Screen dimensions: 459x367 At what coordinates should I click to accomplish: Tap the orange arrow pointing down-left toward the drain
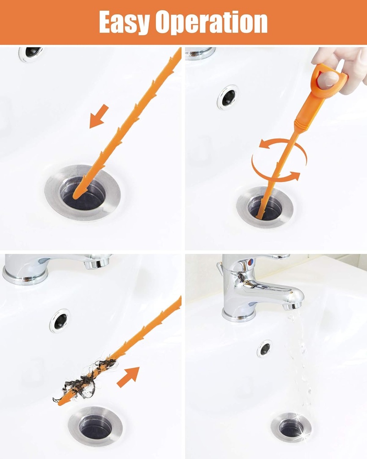pyautogui.click(x=99, y=116)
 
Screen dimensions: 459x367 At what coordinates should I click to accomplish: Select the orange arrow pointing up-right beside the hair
pyautogui.click(x=128, y=377)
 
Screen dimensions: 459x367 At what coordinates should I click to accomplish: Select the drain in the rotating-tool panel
pyautogui.click(x=265, y=208)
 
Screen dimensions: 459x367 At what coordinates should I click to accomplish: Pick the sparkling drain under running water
pyautogui.click(x=292, y=428)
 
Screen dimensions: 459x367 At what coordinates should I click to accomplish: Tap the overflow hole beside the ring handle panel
pyautogui.click(x=228, y=97)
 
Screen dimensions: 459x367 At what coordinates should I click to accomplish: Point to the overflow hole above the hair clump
pyautogui.click(x=60, y=320)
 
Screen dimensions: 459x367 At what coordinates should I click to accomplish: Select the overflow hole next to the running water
pyautogui.click(x=264, y=348)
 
